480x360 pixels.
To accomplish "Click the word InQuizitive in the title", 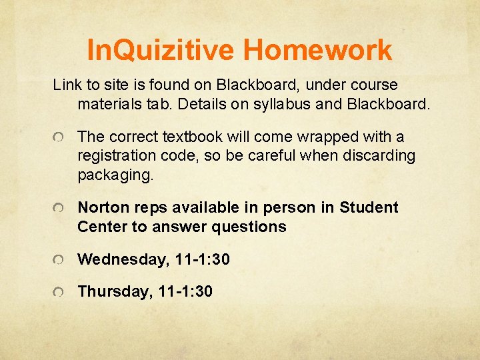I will pos(161,50).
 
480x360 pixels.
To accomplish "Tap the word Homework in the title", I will pos(318,50).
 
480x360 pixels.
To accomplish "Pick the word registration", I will pos(119,156).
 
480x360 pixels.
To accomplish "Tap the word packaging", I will pos(115,175).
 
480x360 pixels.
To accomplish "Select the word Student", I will pos(369,207).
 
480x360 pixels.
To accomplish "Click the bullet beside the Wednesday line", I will pos(59,260).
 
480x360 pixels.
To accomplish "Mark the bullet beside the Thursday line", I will pos(59,292).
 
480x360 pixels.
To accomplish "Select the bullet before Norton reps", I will pos(59,209).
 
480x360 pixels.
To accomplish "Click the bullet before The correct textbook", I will pos(59,138).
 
